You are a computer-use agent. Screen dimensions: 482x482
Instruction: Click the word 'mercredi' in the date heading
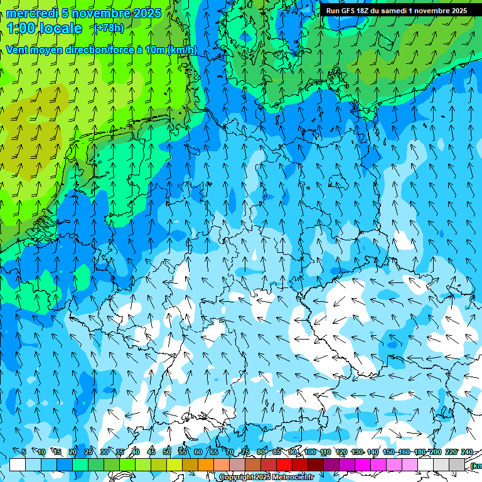click(x=31, y=13)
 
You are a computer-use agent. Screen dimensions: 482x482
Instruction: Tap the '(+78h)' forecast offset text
click(x=108, y=28)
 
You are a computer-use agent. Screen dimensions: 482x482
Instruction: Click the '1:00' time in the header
click(x=21, y=28)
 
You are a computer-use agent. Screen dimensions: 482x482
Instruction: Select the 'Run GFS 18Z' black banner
click(x=396, y=11)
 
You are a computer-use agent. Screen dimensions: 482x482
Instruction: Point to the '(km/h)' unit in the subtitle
click(x=182, y=50)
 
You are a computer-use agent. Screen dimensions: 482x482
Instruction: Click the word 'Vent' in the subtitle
click(x=18, y=50)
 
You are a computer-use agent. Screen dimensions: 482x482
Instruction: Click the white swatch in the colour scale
click(x=18, y=465)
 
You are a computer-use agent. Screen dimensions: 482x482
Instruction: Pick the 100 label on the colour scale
click(x=309, y=452)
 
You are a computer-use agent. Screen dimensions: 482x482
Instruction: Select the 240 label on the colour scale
click(x=466, y=452)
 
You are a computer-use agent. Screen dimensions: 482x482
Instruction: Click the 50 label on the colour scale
click(x=167, y=452)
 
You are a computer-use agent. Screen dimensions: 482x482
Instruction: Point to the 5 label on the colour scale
click(x=24, y=452)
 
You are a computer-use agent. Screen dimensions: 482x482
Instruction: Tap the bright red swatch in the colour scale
click(x=284, y=465)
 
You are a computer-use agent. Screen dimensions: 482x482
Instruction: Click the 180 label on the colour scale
click(x=419, y=452)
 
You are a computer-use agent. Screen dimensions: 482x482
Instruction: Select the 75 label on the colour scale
click(x=245, y=452)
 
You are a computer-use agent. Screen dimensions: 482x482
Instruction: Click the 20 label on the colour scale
click(x=73, y=452)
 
